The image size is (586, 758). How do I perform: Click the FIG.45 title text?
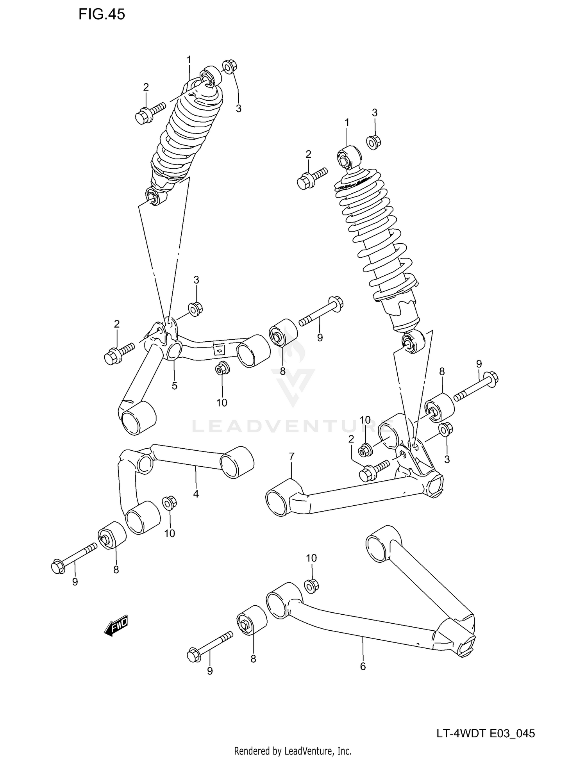tap(102, 14)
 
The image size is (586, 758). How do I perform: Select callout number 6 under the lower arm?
tap(363, 667)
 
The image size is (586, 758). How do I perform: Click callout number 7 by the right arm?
tap(291, 456)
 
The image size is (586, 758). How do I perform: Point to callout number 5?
tap(174, 386)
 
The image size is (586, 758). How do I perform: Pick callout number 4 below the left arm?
tap(196, 494)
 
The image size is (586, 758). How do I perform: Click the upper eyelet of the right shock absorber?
tap(348, 157)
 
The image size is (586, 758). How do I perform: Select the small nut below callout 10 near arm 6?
tap(311, 585)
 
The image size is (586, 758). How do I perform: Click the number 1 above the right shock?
tap(347, 123)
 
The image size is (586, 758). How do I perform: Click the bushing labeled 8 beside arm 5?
tap(283, 332)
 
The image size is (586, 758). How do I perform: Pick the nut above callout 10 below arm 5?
tap(222, 368)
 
